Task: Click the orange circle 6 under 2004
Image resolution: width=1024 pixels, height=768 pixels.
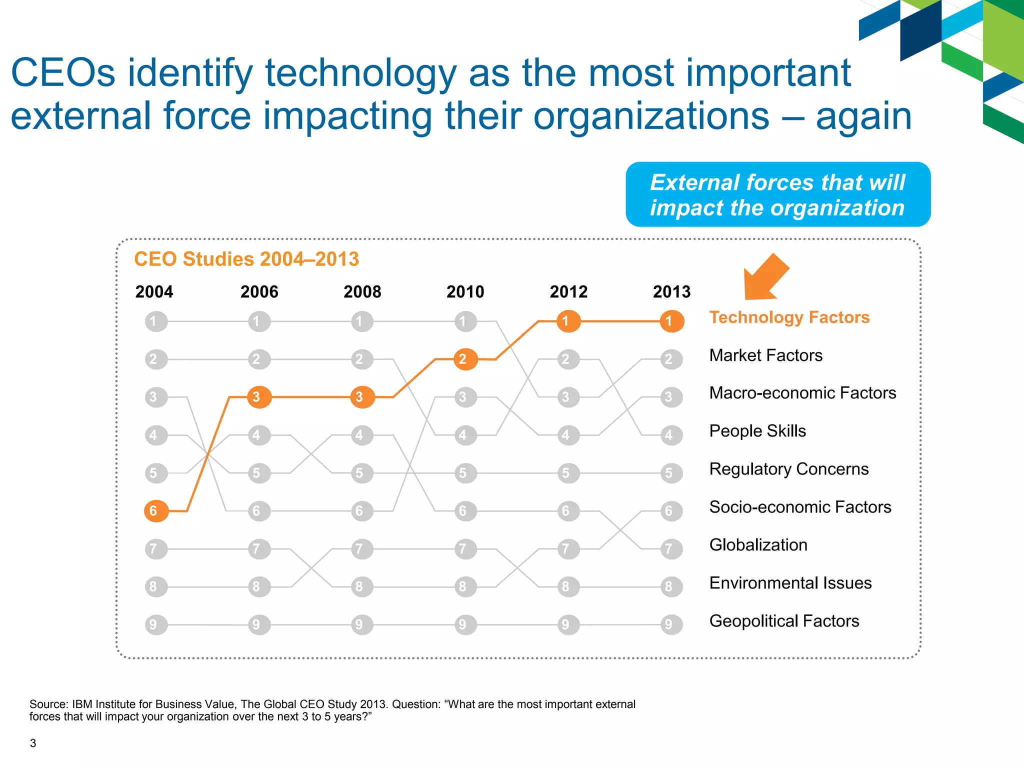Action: [x=156, y=511]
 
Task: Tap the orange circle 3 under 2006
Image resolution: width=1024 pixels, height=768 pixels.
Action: [x=259, y=397]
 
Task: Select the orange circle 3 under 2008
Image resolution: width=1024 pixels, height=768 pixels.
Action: [x=362, y=397]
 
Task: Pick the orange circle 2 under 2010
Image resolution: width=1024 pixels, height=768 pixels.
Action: [x=465, y=359]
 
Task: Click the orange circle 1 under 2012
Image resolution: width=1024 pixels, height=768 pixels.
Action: [x=568, y=321]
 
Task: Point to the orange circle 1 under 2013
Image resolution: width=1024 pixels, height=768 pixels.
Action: [x=671, y=321]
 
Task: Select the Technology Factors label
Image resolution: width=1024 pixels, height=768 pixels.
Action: [x=789, y=317]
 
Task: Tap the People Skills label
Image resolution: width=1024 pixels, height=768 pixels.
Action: [x=757, y=431]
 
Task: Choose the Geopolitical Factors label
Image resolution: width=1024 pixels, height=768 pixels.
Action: [x=784, y=621]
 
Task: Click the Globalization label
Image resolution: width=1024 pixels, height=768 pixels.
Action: [x=758, y=545]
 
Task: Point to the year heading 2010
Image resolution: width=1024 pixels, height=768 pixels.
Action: [x=465, y=292]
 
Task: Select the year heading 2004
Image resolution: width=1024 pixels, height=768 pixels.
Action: [x=154, y=292]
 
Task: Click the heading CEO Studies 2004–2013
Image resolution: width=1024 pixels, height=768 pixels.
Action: [x=246, y=259]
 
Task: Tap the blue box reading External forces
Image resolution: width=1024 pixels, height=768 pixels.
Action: [x=777, y=194]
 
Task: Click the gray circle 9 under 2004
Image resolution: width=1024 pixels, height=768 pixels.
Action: [x=156, y=624]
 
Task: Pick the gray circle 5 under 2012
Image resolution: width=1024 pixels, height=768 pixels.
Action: [x=568, y=473]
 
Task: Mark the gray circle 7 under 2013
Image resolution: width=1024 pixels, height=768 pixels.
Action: [x=671, y=549]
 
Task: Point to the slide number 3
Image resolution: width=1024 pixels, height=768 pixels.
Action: [x=33, y=743]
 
